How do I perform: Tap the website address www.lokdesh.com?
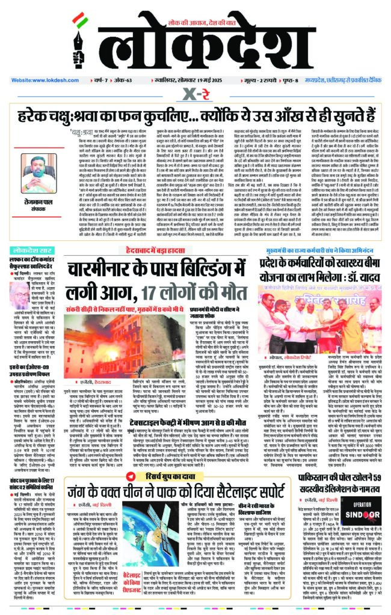coord(46,79)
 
